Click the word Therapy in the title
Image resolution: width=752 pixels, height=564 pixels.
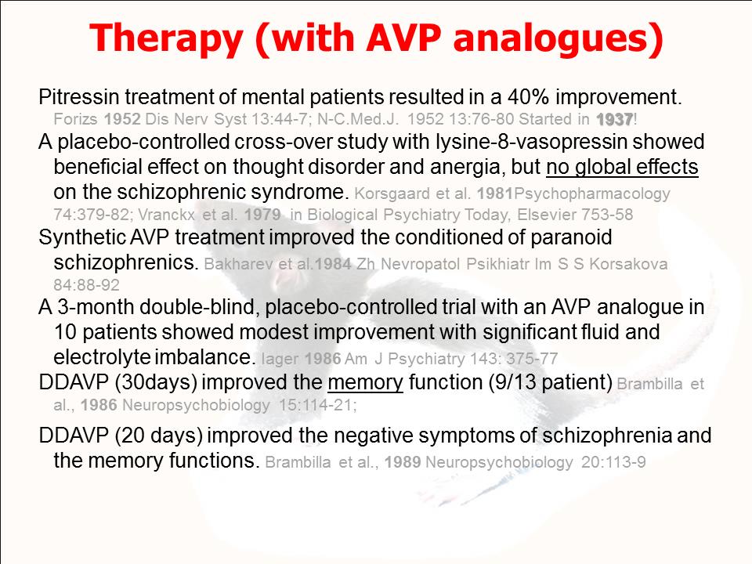tap(165, 38)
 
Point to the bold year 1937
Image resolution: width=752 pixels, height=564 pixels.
tap(615, 119)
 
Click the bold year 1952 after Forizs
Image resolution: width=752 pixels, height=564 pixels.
tap(122, 119)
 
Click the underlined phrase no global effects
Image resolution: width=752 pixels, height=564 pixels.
tap(622, 167)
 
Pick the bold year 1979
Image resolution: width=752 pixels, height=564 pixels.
tap(262, 215)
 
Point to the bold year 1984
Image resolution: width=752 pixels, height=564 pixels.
tap(333, 264)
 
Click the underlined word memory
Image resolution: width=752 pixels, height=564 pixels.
tap(366, 382)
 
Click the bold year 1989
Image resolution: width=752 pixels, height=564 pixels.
tap(403, 462)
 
